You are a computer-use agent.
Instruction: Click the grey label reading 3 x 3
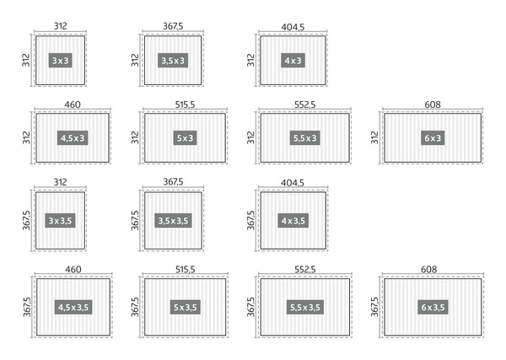[x=60, y=61]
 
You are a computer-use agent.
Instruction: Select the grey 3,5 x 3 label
[x=173, y=61]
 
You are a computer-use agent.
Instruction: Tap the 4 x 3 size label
[x=293, y=61]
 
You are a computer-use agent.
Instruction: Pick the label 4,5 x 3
[x=73, y=137]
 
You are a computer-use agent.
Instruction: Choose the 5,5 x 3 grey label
[x=304, y=137]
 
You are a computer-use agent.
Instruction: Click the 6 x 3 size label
[x=432, y=137]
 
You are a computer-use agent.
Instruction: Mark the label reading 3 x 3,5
[x=60, y=221]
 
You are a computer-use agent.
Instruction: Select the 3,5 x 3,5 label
[x=173, y=221]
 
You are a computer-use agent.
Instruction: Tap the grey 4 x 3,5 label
[x=293, y=221]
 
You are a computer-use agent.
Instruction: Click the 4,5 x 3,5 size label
[x=73, y=307]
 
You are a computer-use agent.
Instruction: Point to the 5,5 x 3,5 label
[x=304, y=307]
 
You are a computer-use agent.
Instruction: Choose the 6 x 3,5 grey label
[x=432, y=307]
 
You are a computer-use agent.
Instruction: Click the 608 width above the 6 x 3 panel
[x=433, y=105]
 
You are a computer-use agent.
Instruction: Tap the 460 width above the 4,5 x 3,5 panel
[x=72, y=269]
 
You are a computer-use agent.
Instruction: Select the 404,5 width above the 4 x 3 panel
[x=293, y=26]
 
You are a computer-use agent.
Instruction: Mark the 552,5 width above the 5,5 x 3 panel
[x=304, y=105]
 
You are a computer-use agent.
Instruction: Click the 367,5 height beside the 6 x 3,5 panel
[x=374, y=307]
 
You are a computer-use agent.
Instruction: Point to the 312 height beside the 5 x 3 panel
[x=135, y=137]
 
